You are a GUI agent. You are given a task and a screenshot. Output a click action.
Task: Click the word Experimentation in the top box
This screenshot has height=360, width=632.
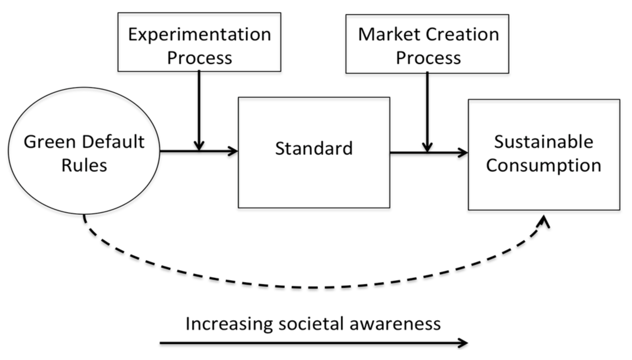pyautogui.click(x=199, y=34)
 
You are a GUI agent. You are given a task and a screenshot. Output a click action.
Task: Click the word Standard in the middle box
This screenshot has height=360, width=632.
pyautogui.click(x=314, y=148)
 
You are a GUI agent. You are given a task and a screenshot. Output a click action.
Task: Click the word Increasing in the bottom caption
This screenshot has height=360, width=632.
pyautogui.click(x=229, y=323)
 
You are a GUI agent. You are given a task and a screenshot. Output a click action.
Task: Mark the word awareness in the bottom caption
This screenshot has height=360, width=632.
pyautogui.click(x=395, y=323)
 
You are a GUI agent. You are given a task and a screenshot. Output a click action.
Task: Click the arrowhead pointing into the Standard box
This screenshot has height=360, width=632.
pyautogui.click(x=233, y=151)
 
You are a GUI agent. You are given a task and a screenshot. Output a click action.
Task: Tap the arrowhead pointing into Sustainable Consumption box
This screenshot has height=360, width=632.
pyautogui.click(x=463, y=153)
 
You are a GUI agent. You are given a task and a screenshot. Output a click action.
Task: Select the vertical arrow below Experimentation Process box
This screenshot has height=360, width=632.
pyautogui.click(x=199, y=109)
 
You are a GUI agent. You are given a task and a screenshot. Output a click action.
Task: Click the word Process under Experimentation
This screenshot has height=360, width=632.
pyautogui.click(x=199, y=58)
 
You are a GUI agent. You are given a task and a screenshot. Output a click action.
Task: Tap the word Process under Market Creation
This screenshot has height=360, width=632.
pyautogui.click(x=428, y=58)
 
